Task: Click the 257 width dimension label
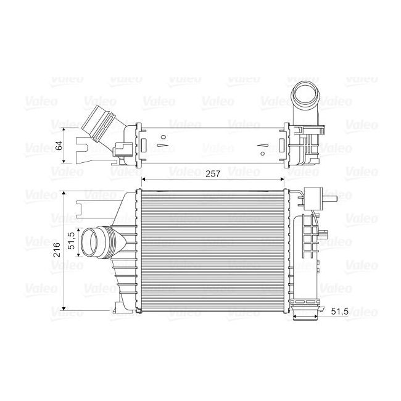click(213, 175)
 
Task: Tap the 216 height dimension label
click(57, 250)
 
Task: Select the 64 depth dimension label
click(59, 146)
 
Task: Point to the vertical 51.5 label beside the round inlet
click(71, 240)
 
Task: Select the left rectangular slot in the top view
click(144, 146)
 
